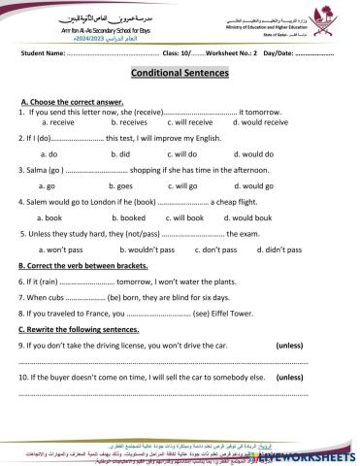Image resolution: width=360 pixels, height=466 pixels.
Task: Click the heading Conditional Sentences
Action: (180, 75)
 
